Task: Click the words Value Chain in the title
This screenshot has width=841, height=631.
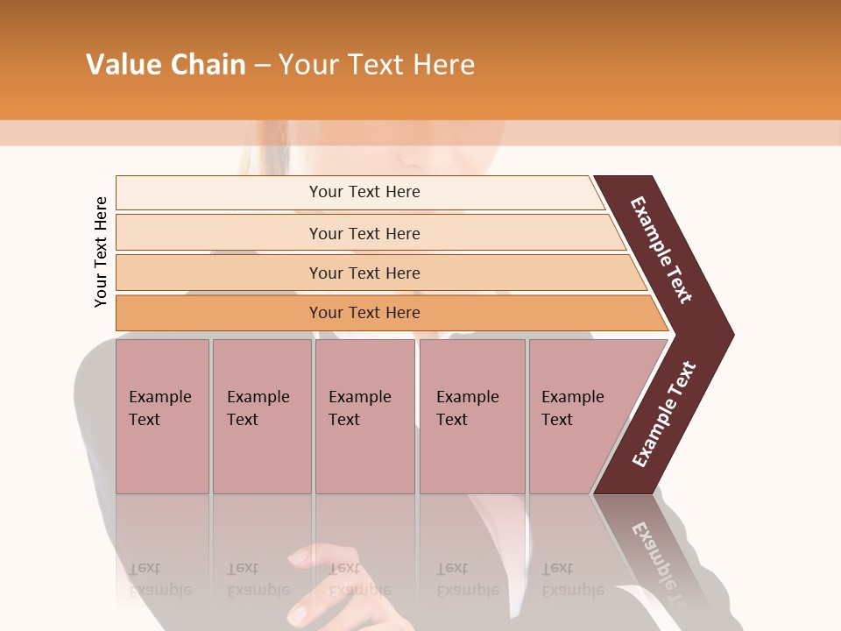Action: click(166, 65)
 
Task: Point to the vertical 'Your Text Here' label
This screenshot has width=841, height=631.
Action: click(101, 252)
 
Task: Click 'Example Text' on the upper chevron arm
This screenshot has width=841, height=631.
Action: click(661, 250)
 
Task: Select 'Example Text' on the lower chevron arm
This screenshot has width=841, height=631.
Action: click(663, 415)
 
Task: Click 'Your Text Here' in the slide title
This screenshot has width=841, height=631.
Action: click(377, 65)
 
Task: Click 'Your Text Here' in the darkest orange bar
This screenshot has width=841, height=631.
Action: click(364, 313)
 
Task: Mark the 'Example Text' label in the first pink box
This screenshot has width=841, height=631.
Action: click(159, 408)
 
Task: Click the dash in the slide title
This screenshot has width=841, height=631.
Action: click(262, 66)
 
